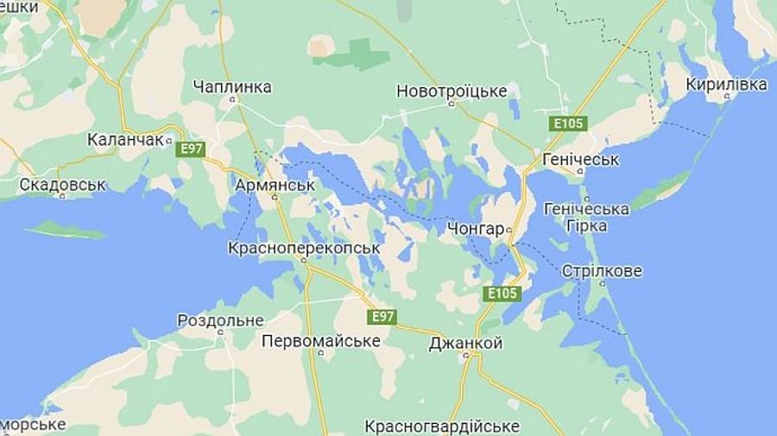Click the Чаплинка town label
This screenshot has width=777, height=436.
tap(232, 86)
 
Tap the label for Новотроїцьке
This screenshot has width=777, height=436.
tap(452, 91)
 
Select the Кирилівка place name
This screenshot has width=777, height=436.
tap(726, 84)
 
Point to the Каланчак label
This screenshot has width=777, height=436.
tap(125, 138)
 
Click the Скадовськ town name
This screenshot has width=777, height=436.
tap(62, 184)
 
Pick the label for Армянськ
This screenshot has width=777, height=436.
tap(274, 184)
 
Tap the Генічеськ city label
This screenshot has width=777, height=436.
tap(581, 160)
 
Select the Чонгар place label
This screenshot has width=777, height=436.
tap(476, 229)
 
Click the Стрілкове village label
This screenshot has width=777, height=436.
tap(602, 270)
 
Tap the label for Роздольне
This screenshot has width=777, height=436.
tap(220, 319)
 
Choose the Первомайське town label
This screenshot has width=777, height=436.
tap(321, 340)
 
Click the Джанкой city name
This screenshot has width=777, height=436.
tap(465, 343)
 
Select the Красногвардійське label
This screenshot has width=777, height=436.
tap(441, 426)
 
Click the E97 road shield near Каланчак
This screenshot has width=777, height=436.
tap(190, 148)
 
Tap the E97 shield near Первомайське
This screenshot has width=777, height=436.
tap(381, 317)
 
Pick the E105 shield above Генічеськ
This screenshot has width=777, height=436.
tap(568, 123)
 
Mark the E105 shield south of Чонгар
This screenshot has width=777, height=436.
tap(502, 293)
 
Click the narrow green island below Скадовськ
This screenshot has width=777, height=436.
tap(65, 230)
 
